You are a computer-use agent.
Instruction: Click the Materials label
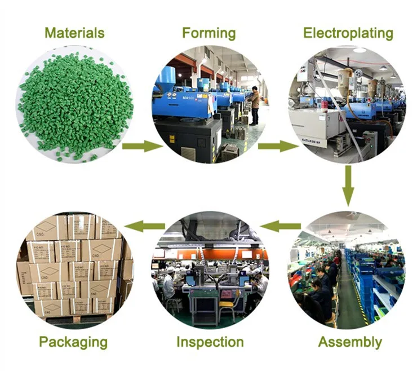[74, 32]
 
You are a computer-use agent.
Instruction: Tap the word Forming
[208, 32]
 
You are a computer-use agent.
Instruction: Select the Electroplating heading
[348, 32]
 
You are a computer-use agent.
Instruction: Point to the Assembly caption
[349, 342]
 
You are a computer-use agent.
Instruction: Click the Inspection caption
[210, 342]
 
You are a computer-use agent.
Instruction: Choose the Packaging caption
[73, 342]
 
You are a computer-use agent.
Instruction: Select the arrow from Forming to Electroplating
[278, 147]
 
